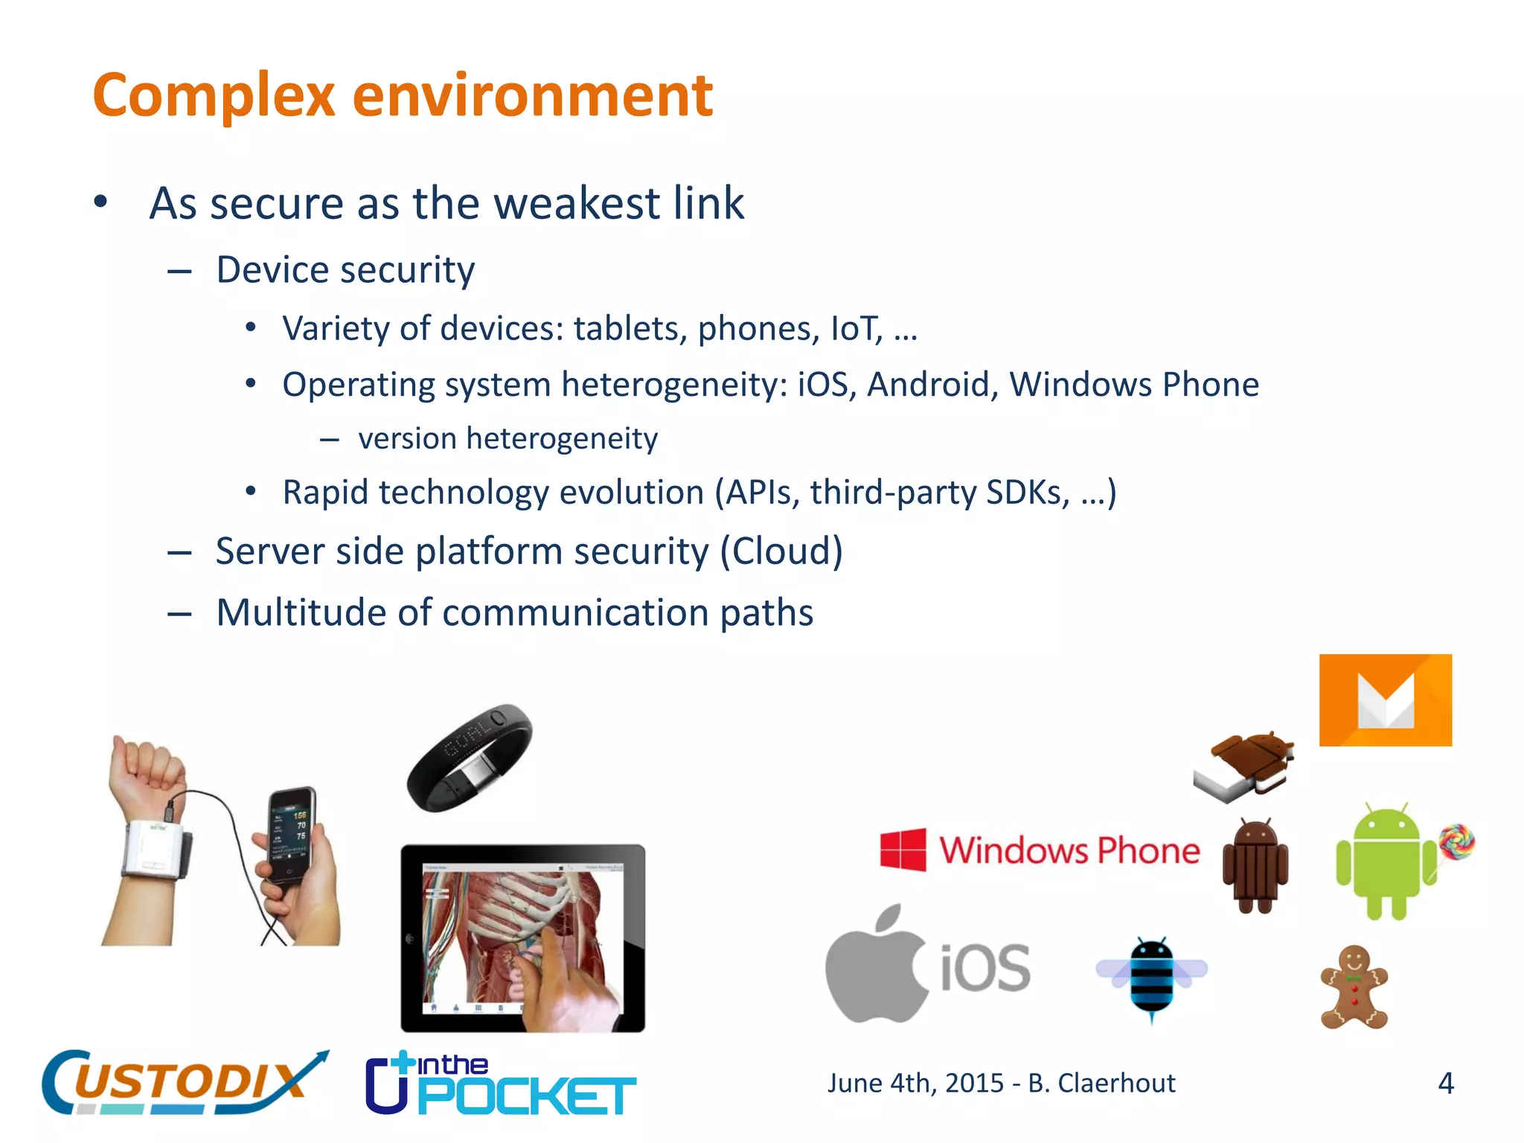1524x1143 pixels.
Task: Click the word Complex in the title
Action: (x=214, y=97)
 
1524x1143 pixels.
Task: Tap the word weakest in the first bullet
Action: (x=567, y=204)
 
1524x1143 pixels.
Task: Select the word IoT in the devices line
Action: (x=856, y=329)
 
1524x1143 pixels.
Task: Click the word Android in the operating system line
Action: (x=932, y=385)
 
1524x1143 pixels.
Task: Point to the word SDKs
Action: (x=1027, y=493)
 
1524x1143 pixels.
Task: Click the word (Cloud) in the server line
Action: (x=781, y=552)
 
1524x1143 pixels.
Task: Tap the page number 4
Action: (x=1445, y=1083)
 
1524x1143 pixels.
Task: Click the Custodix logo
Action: (x=182, y=1083)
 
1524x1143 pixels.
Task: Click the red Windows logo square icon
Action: (x=903, y=849)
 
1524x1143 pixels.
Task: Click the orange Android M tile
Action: (x=1385, y=700)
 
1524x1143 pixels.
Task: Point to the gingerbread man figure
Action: (x=1354, y=988)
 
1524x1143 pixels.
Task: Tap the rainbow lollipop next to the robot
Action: (x=1456, y=842)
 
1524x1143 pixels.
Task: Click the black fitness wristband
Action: (x=469, y=758)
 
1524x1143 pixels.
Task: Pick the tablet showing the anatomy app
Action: (x=522, y=938)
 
